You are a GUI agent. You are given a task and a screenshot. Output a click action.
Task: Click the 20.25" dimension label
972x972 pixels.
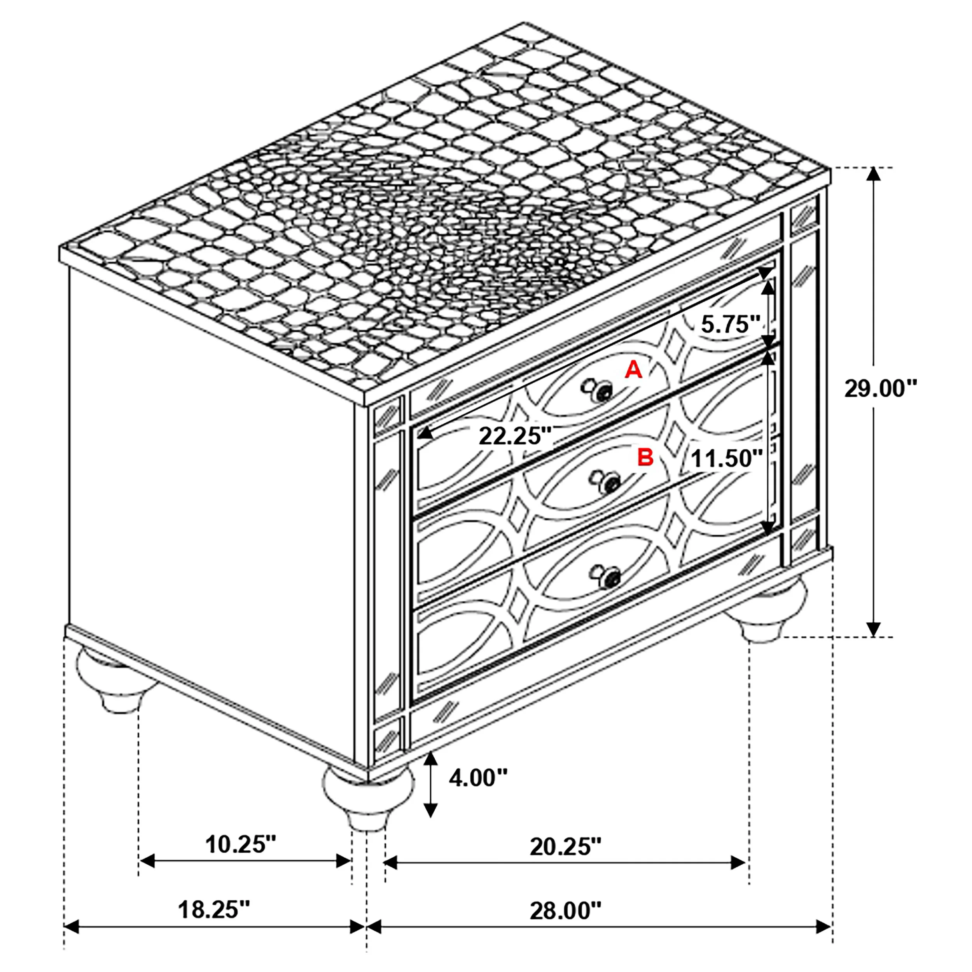tap(565, 847)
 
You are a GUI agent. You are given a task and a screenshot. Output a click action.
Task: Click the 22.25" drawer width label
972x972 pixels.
tap(515, 436)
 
